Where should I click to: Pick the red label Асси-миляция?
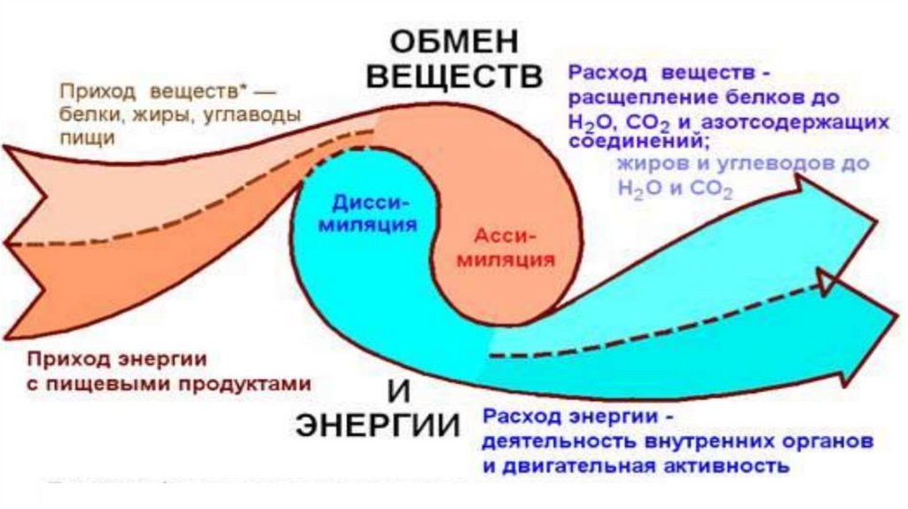coord(509,248)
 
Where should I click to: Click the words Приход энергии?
coord(116,360)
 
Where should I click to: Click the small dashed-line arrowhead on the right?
coord(830,284)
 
